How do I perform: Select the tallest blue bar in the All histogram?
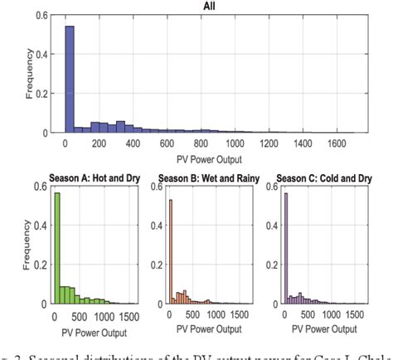(x=69, y=79)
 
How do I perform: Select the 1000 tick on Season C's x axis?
(x=336, y=316)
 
